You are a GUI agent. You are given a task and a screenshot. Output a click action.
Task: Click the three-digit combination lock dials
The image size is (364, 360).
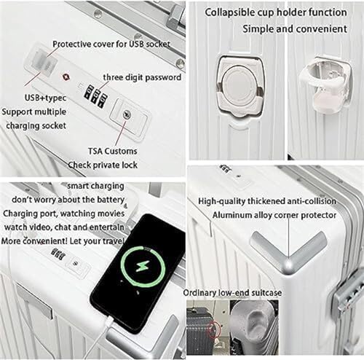[x=95, y=95]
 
